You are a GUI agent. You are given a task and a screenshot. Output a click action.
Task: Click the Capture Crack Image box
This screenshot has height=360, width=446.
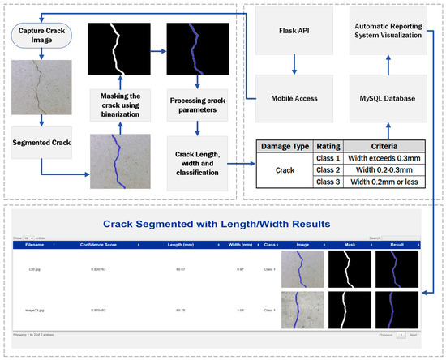tap(41, 36)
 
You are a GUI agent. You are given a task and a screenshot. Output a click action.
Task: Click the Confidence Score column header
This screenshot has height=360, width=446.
tap(109, 243)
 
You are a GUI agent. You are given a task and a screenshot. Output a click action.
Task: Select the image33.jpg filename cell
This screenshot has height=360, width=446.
tap(35, 309)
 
